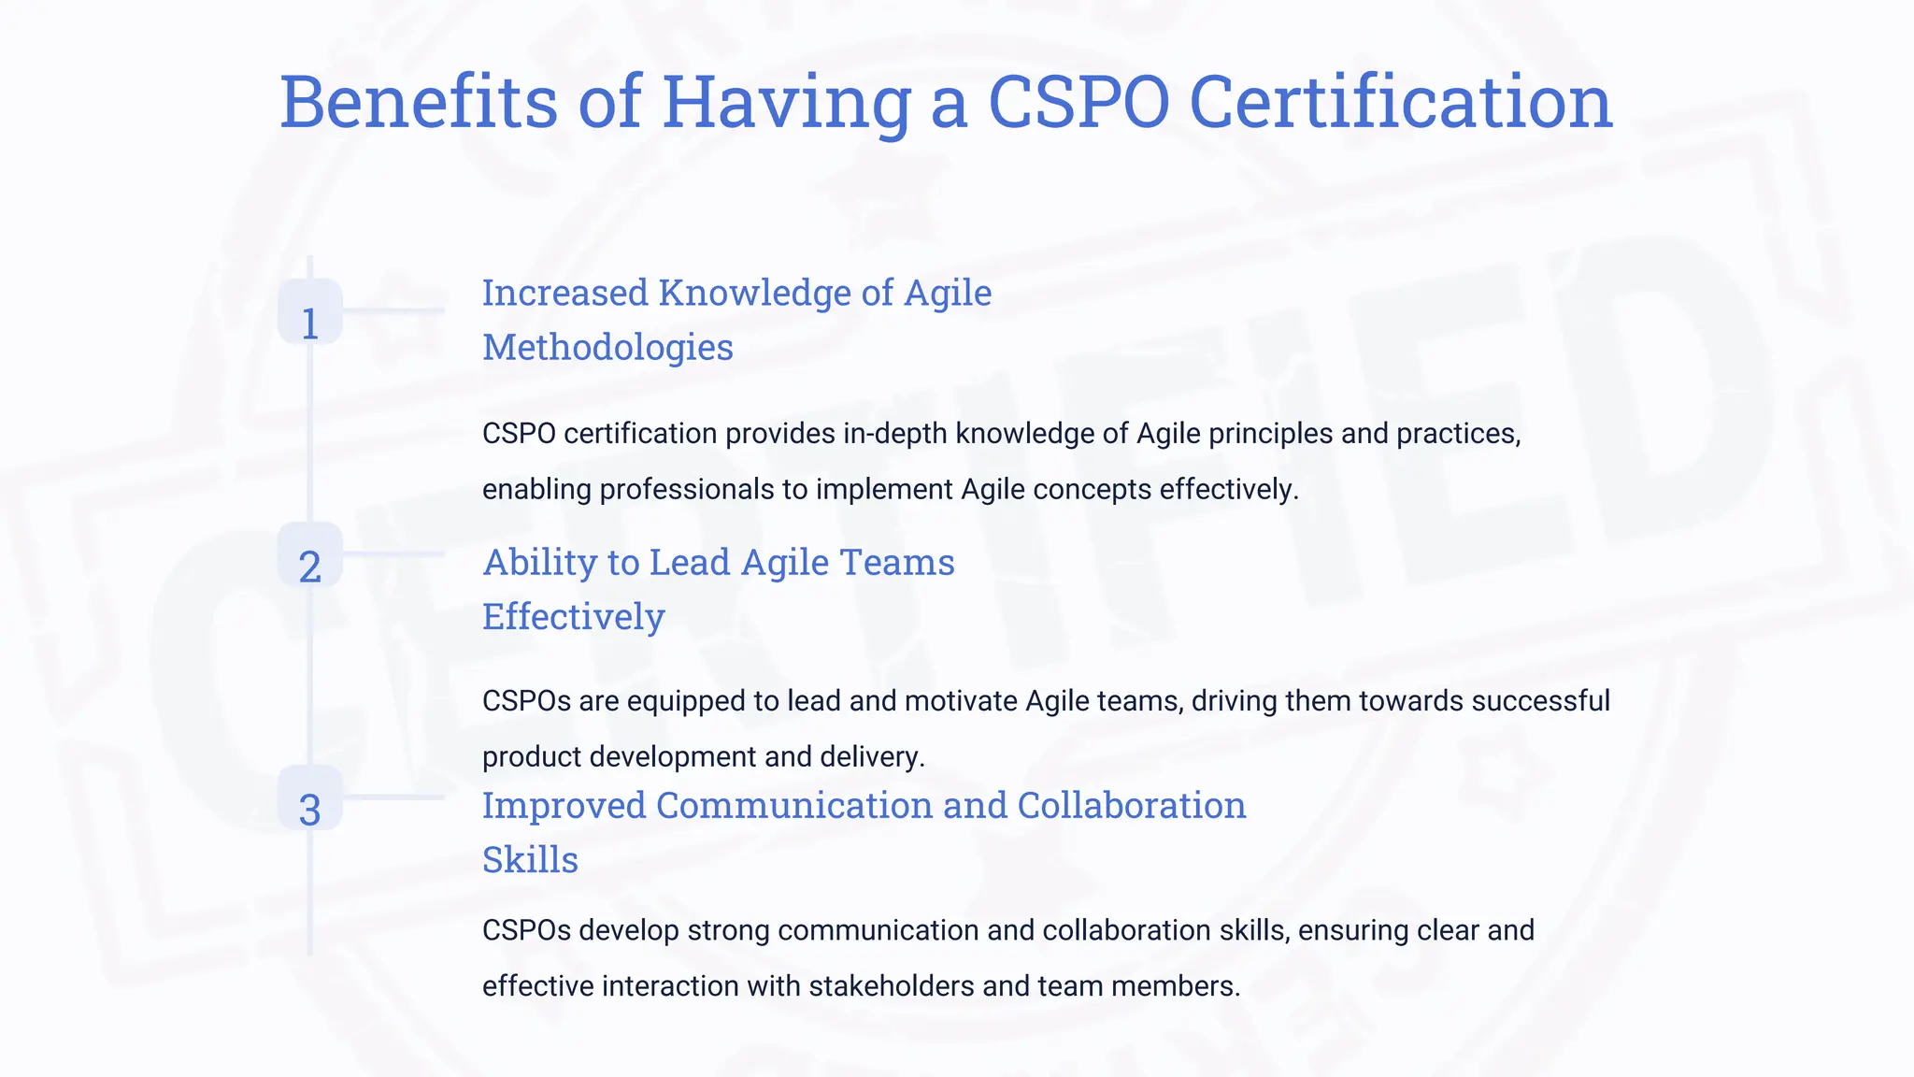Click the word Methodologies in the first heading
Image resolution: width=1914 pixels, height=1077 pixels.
tap(607, 348)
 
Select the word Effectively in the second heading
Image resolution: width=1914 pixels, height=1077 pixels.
tap(573, 617)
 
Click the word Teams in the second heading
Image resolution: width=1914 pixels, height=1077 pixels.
tap(897, 563)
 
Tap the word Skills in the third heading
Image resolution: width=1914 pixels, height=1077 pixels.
tap(530, 860)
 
